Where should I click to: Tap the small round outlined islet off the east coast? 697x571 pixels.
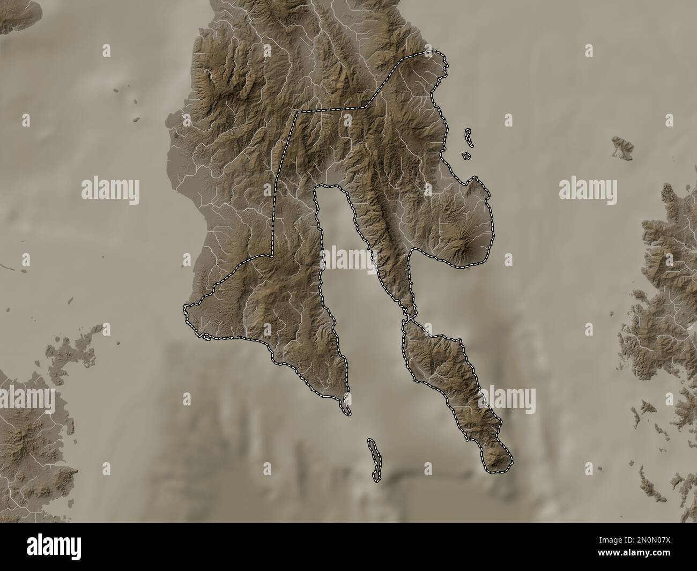tap(466, 157)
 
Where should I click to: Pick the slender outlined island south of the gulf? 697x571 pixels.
tap(374, 459)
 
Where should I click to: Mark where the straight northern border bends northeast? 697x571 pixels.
tap(365, 107)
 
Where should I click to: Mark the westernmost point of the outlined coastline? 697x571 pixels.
tap(186, 308)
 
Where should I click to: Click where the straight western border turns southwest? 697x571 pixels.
tap(272, 256)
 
